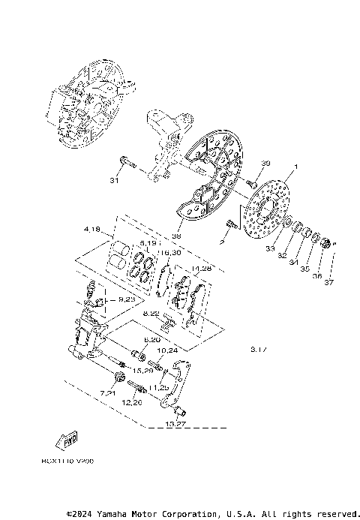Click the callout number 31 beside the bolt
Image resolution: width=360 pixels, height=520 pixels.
pos(114,180)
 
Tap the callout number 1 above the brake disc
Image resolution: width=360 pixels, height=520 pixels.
pos(296,167)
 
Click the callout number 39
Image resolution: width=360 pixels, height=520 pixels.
pos(265,163)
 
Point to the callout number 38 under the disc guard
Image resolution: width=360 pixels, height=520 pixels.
pos(177,236)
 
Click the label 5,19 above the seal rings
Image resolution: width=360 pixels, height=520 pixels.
pos(146,243)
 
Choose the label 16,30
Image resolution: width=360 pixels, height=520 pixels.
pos(171,253)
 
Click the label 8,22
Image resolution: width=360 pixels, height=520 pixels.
pos(151,314)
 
